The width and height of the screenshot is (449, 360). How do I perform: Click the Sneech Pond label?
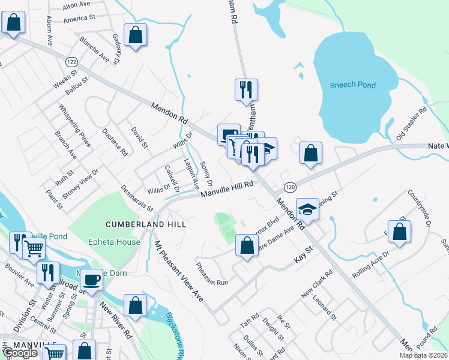click(x=353, y=85)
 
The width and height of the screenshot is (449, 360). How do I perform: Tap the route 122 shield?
click(x=72, y=62)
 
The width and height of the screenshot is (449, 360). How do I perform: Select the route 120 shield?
click(x=289, y=188)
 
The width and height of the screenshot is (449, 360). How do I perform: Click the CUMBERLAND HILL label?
click(x=146, y=224)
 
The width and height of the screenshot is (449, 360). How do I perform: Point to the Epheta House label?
click(x=113, y=242)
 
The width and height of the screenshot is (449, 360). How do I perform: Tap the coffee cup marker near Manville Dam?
click(x=92, y=280)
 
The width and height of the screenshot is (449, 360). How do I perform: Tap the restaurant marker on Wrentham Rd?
click(x=247, y=89)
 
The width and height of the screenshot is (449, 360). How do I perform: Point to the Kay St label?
click(x=303, y=254)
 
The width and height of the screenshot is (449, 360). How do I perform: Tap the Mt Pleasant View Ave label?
click(x=178, y=271)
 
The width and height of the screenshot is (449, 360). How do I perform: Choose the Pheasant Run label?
click(x=212, y=273)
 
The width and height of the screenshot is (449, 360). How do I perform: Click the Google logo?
click(x=20, y=353)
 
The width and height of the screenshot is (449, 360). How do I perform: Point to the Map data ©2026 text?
click(x=424, y=355)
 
